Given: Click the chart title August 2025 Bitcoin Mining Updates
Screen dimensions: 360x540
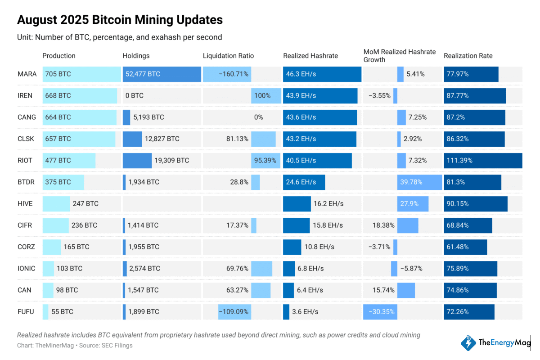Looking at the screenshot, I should click(x=120, y=20).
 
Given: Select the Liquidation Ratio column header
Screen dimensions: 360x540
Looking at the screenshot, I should click(x=228, y=56).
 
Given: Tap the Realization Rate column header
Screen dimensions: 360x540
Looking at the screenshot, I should click(x=468, y=56).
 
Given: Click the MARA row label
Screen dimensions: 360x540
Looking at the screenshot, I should click(x=27, y=74).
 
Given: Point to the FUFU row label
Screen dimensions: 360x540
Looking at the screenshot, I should click(x=26, y=311).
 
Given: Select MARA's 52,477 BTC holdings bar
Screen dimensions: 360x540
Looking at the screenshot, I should click(x=162, y=74).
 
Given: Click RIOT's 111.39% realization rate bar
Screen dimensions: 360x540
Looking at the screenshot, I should click(x=483, y=160).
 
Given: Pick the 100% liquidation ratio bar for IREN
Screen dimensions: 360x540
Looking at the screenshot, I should click(x=266, y=95).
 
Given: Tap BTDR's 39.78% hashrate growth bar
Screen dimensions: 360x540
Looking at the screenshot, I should click(x=420, y=182).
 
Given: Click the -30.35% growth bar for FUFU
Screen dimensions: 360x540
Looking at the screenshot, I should click(x=380, y=311).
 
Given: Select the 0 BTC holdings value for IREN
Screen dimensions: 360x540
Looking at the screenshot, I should click(x=135, y=95).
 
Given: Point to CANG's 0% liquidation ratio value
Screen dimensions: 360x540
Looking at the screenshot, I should click(x=258, y=117).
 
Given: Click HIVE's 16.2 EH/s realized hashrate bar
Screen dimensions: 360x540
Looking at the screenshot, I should click(x=297, y=203).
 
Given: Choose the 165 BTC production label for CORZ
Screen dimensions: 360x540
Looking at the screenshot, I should click(x=76, y=247).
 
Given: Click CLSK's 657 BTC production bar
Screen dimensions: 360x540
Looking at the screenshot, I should click(x=79, y=139).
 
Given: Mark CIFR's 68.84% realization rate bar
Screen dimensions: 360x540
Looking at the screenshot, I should click(x=468, y=225).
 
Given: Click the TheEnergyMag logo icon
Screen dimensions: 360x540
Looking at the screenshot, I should click(x=469, y=343).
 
